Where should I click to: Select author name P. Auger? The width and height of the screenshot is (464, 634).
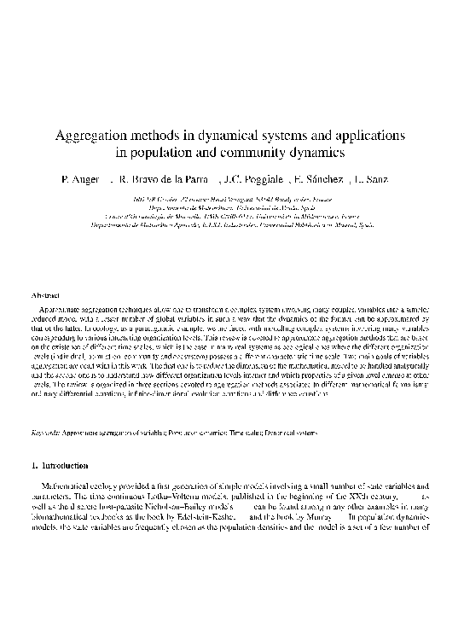point(79,181)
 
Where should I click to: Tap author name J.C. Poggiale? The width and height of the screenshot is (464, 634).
point(253,181)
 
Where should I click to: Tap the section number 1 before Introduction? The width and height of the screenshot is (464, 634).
point(33,467)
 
